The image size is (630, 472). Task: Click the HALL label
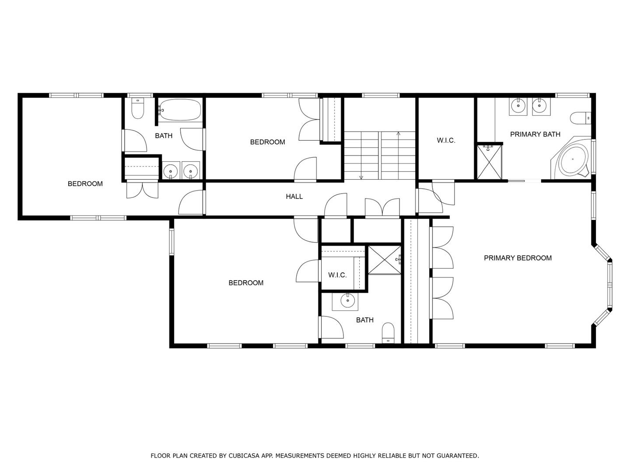click(x=294, y=197)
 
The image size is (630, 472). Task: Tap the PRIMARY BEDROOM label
click(x=518, y=258)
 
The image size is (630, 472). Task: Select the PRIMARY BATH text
click(x=535, y=134)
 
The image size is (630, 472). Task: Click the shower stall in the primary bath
click(x=489, y=162)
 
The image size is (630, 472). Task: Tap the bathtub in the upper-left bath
click(x=180, y=110)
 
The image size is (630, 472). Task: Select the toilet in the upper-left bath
click(x=138, y=108)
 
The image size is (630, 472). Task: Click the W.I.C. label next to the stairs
click(x=446, y=140)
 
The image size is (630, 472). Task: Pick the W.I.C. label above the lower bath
click(x=337, y=275)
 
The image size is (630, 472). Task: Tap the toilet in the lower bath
click(x=388, y=333)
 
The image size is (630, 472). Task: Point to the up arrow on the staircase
click(x=398, y=133)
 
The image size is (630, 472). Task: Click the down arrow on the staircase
click(x=361, y=177)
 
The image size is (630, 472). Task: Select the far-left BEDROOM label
click(x=85, y=184)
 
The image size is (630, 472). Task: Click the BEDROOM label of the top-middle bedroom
click(x=267, y=142)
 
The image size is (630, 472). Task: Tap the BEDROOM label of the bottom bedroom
click(x=246, y=283)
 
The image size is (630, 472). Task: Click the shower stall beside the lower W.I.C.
click(x=384, y=260)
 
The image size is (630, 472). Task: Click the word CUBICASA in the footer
click(x=241, y=456)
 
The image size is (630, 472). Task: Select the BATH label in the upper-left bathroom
click(x=164, y=136)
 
